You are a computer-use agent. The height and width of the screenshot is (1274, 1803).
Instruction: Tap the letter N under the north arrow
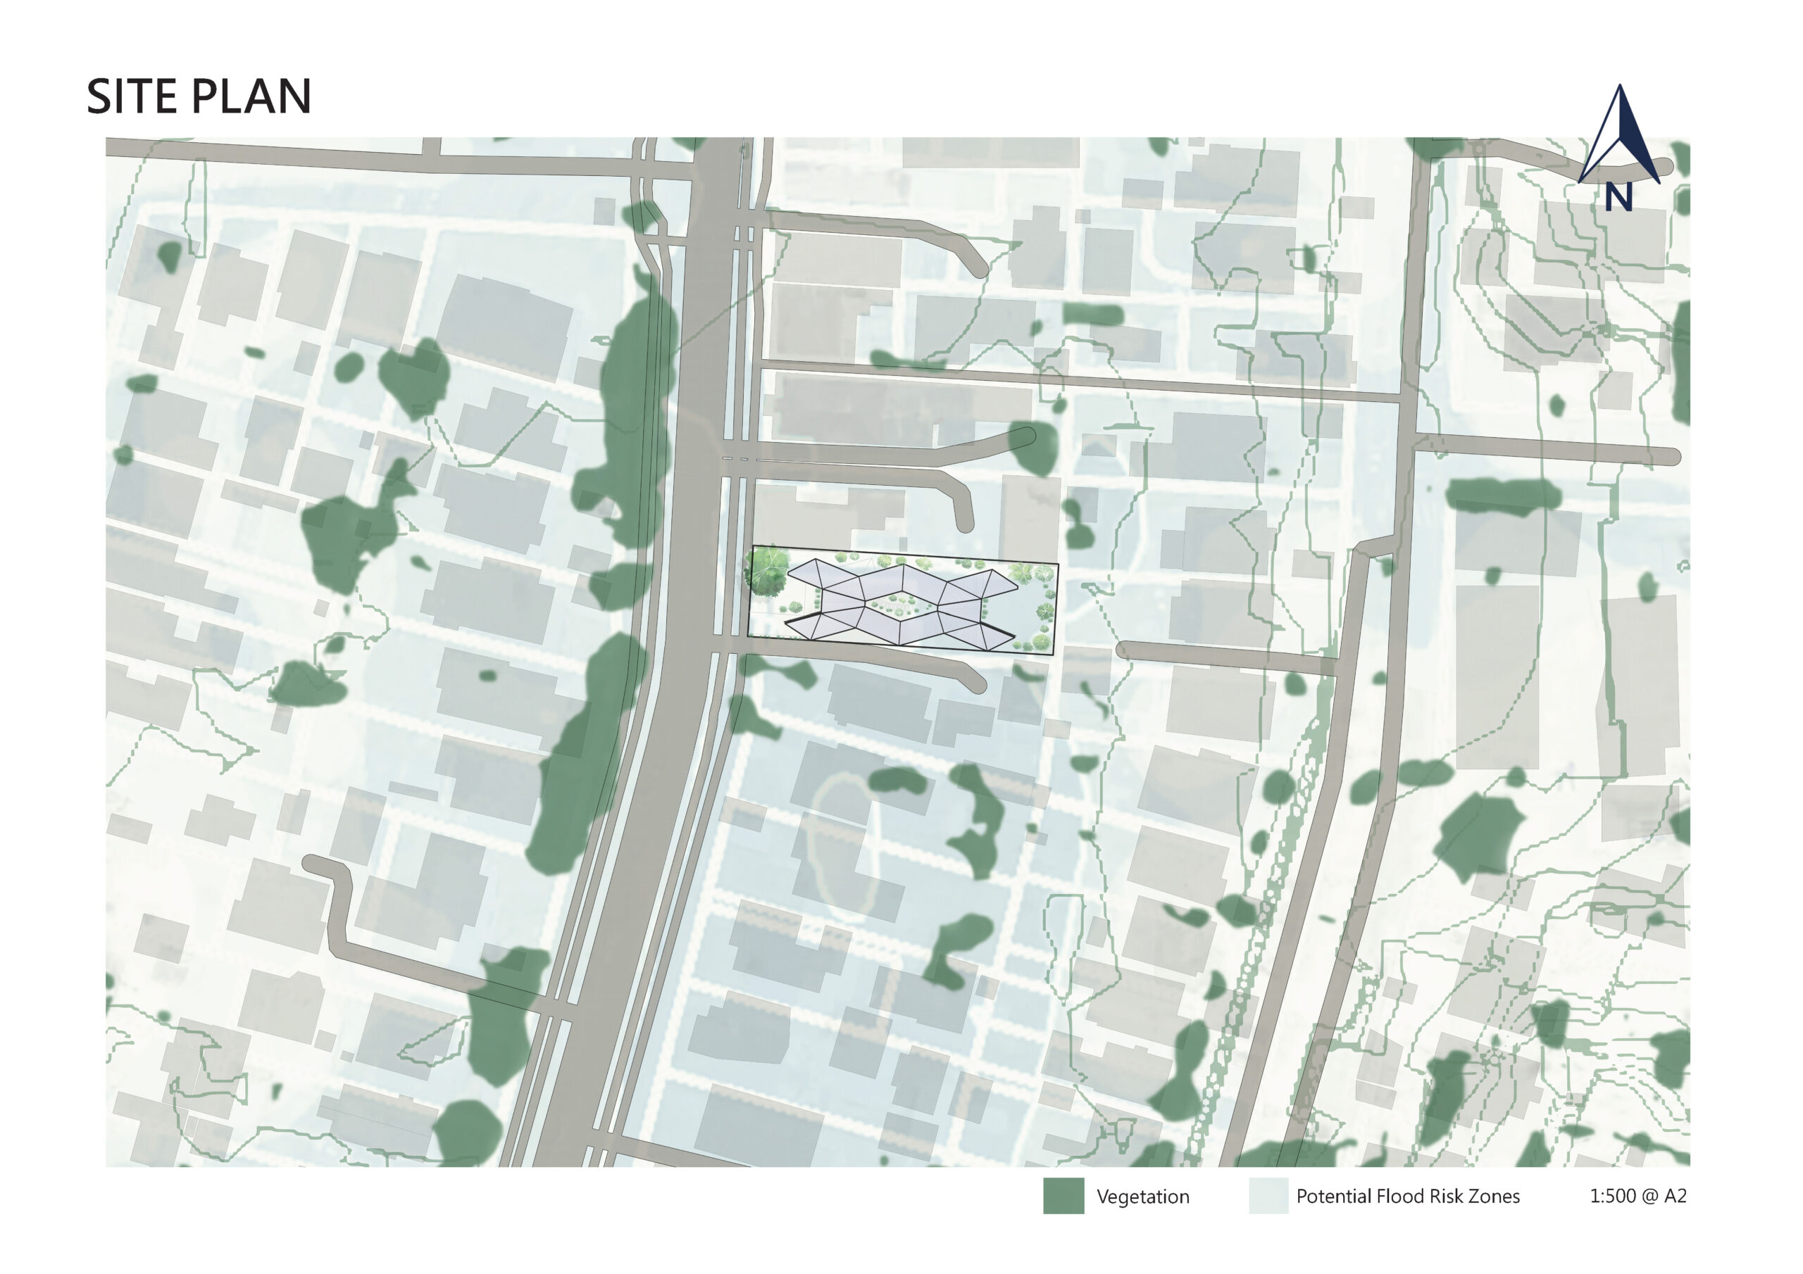tap(1618, 197)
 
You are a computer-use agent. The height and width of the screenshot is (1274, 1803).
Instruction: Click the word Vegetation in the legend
tap(1142, 1197)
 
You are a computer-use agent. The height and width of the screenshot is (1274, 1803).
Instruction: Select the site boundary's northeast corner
tap(1058, 565)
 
